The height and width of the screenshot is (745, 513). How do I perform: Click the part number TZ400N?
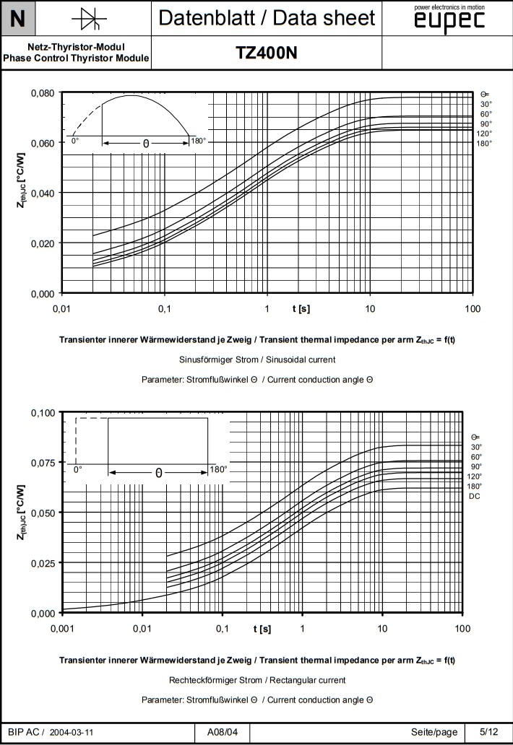click(x=266, y=53)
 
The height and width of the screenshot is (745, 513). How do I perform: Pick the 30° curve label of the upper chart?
click(x=486, y=104)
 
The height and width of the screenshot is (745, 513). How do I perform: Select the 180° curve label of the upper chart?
click(x=484, y=143)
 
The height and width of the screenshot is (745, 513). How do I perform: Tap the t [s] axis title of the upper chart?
click(x=301, y=309)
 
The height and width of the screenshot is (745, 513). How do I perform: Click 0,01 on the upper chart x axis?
click(x=61, y=309)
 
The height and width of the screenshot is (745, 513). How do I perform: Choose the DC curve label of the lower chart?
click(x=475, y=496)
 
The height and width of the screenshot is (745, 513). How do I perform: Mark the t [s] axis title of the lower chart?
click(x=262, y=629)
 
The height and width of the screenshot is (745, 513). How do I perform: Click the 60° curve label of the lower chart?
click(x=476, y=457)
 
